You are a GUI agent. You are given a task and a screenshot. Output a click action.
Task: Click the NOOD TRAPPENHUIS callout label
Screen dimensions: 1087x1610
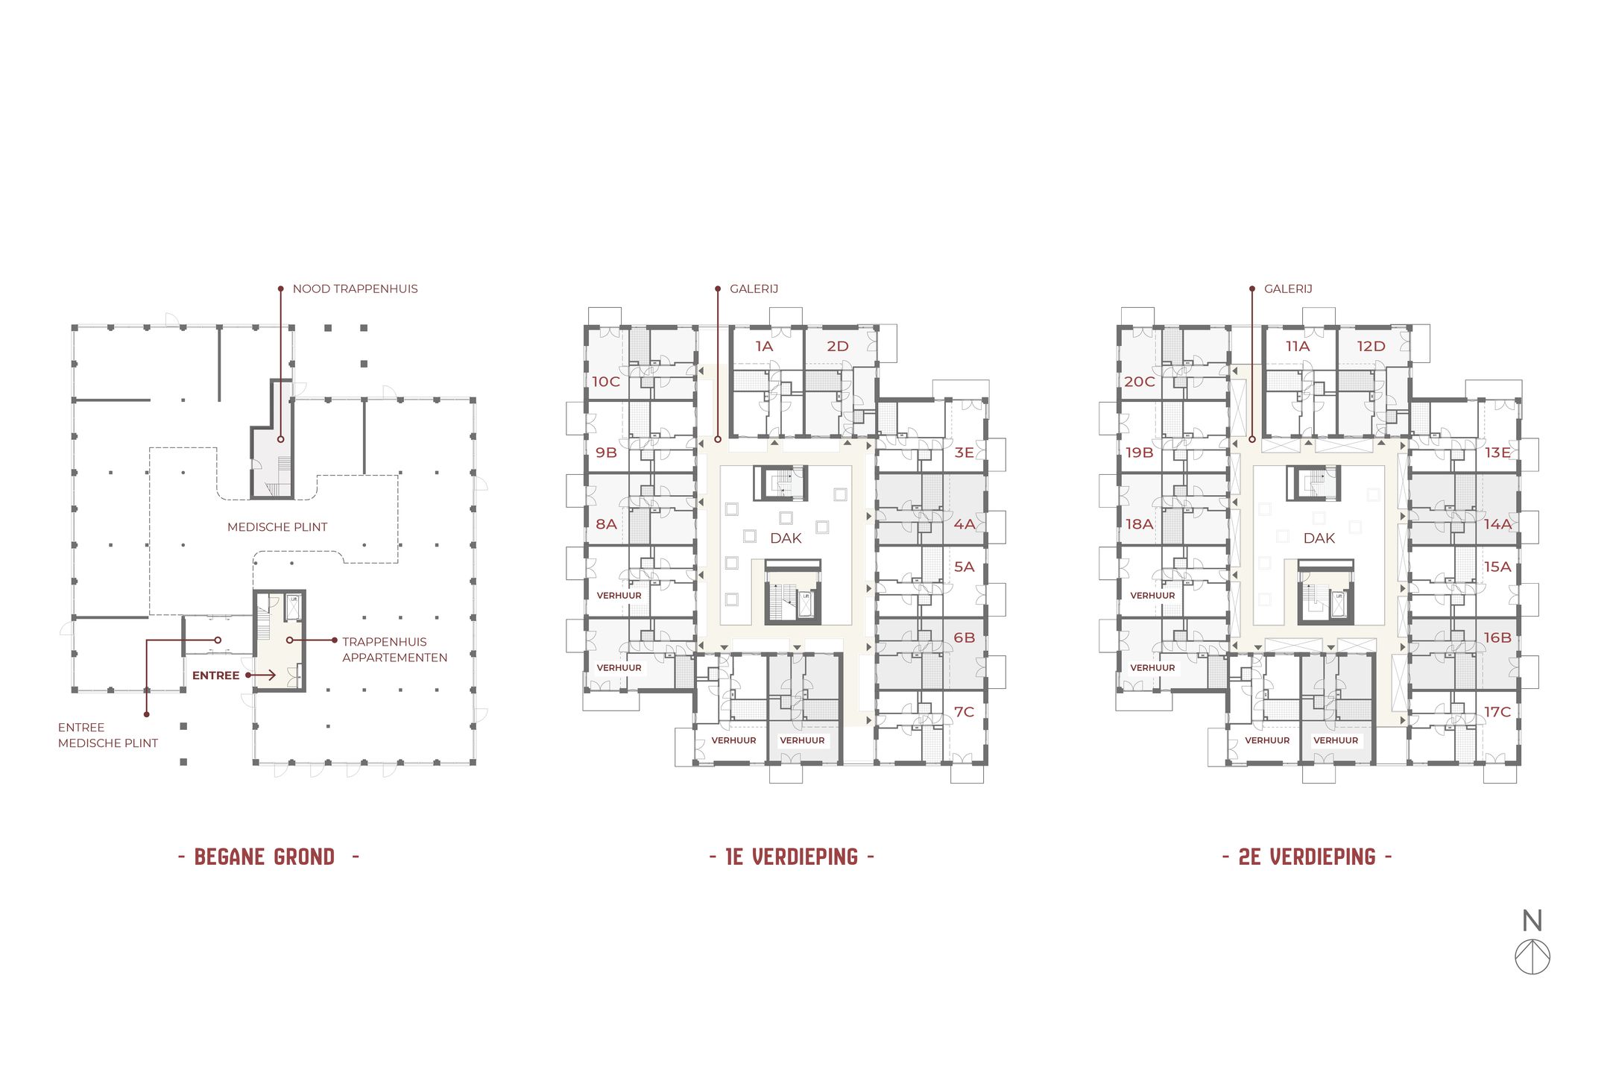pyautogui.click(x=355, y=289)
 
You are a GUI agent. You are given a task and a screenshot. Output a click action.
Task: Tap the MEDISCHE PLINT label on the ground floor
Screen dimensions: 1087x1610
pyautogui.click(x=277, y=527)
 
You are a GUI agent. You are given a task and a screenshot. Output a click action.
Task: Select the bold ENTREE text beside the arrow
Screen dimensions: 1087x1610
pyautogui.click(x=215, y=675)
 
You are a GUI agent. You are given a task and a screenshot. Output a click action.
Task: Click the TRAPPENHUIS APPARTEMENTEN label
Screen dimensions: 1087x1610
pyautogui.click(x=394, y=649)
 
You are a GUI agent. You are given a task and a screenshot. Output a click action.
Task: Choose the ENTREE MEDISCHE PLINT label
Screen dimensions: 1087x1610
pyautogui.click(x=107, y=735)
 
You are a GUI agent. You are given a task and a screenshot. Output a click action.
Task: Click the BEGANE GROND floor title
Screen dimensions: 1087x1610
pyautogui.click(x=265, y=857)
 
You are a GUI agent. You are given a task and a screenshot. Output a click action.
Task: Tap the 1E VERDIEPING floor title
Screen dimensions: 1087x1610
pyautogui.click(x=792, y=857)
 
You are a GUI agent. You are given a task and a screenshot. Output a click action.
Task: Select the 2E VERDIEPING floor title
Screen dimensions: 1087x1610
pyautogui.click(x=1307, y=857)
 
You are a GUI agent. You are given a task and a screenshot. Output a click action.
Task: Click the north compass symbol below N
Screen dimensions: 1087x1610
pyautogui.click(x=1532, y=957)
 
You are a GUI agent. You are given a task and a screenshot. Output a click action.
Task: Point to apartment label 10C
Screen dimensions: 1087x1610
pyautogui.click(x=606, y=382)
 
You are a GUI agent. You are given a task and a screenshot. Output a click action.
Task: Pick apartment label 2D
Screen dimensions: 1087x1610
pyautogui.click(x=838, y=346)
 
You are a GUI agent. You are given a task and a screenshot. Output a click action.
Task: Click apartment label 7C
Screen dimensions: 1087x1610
pyautogui.click(x=964, y=712)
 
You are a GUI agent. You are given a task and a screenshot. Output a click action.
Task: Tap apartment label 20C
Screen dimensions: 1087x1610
pyautogui.click(x=1140, y=382)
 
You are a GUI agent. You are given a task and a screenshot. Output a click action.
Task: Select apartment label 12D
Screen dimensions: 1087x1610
pyautogui.click(x=1371, y=346)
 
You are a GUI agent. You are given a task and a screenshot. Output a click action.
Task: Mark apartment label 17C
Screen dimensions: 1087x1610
pyautogui.click(x=1497, y=712)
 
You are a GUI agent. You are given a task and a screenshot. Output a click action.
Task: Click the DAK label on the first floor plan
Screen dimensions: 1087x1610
pyautogui.click(x=786, y=538)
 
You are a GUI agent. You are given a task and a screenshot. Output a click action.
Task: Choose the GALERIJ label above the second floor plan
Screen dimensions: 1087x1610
pyautogui.click(x=1288, y=289)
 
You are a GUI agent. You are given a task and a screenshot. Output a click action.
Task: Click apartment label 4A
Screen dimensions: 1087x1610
pyautogui.click(x=965, y=524)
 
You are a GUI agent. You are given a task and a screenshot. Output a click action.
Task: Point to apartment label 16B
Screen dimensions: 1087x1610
pyautogui.click(x=1497, y=637)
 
